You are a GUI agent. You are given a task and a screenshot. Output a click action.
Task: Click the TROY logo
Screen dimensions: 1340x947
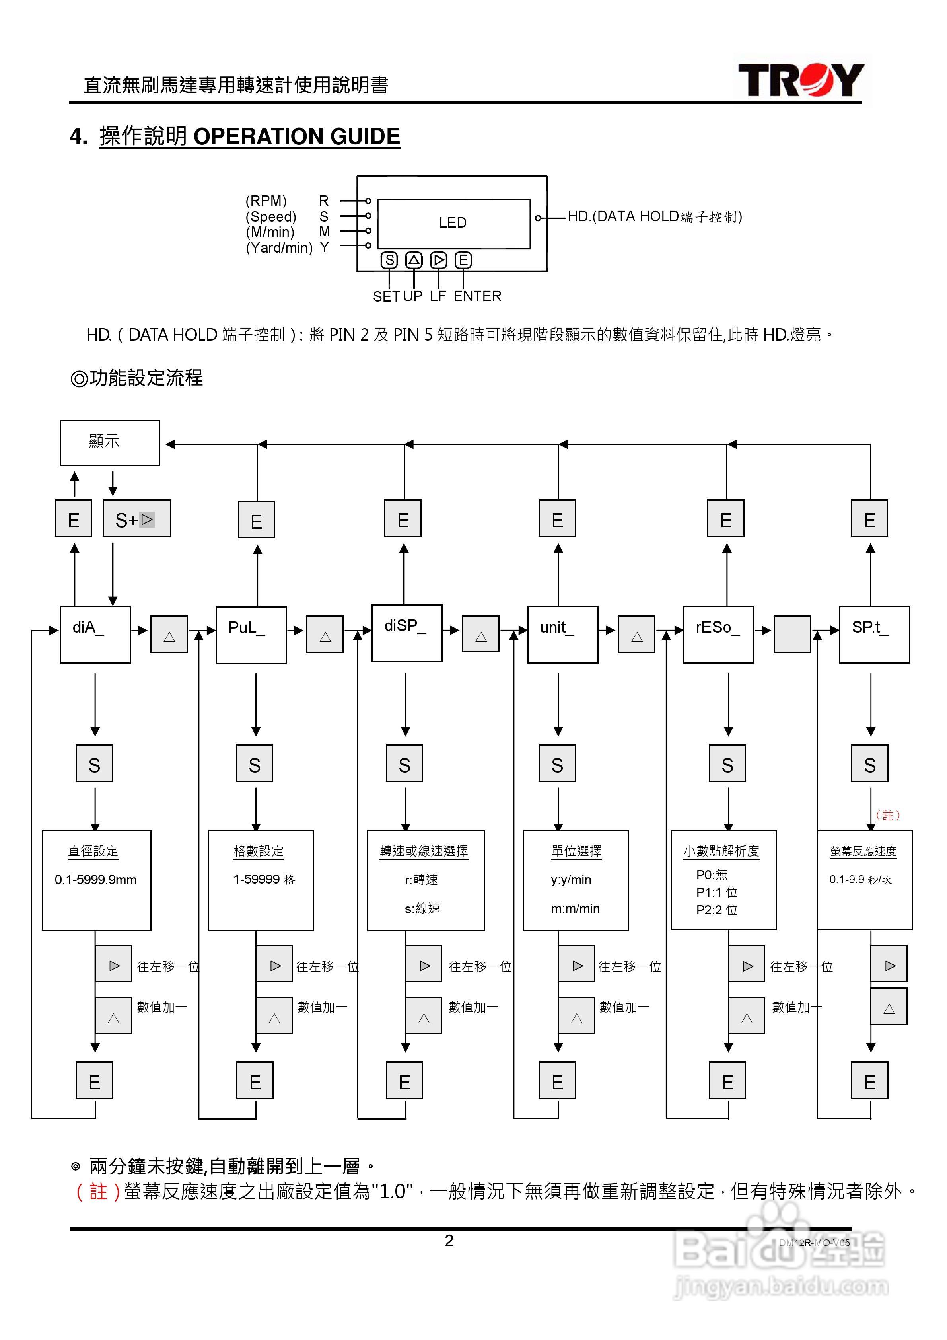pos(801,80)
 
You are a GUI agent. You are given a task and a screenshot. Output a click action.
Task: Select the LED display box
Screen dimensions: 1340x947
pos(453,223)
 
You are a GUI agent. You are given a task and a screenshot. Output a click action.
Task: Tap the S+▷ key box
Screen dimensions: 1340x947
pos(136,518)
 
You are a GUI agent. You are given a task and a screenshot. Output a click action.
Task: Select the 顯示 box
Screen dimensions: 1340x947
pos(110,442)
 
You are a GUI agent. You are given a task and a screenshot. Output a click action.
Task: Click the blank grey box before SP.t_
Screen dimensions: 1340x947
pos(792,634)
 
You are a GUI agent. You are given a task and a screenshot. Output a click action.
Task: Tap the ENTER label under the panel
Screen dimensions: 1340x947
pos(477,296)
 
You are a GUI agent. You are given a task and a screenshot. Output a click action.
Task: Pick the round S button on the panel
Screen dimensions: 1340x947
pos(389,260)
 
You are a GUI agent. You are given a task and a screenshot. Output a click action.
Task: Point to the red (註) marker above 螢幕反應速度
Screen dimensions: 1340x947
pos(887,815)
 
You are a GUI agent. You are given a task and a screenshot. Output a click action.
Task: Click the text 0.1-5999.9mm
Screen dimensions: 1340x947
pos(96,880)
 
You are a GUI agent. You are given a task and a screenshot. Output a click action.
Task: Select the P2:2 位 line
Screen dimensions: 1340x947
pos(717,910)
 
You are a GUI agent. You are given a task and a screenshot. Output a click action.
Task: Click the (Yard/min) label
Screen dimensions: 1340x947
pos(279,248)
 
